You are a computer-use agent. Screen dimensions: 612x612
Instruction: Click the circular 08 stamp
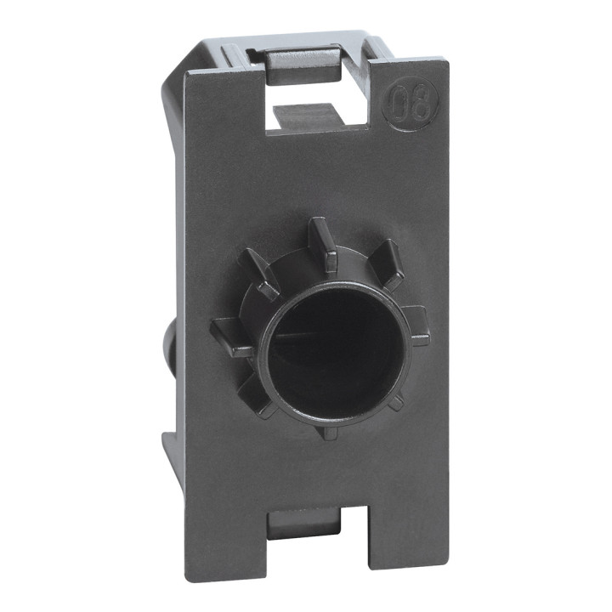tap(412, 107)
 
